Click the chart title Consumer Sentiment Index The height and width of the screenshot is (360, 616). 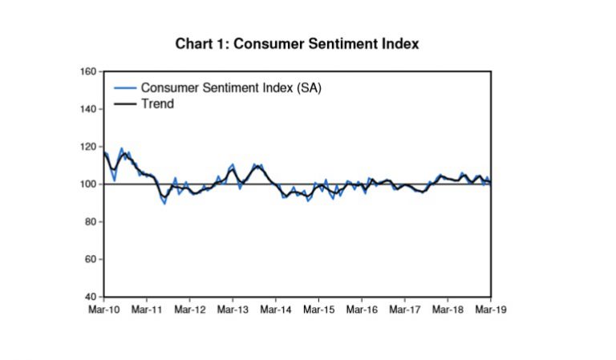coord(297,44)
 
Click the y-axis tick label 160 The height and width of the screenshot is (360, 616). coord(88,72)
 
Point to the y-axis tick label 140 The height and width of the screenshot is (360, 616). coord(88,110)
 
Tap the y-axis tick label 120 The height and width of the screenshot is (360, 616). coord(88,148)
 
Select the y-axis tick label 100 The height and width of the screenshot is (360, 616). coord(88,184)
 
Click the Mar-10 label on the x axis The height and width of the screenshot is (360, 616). coord(103,309)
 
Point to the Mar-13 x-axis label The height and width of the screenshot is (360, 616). coord(233,309)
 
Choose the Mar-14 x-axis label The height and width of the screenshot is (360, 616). coord(276,309)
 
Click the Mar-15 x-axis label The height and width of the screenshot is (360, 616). coord(319,309)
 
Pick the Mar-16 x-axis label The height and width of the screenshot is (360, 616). coord(362,309)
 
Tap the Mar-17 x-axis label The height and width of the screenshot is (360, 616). coord(405,309)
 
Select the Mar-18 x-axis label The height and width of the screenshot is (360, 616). coord(448,309)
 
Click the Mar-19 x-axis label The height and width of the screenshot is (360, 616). coord(491,309)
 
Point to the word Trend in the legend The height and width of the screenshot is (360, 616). coord(157,103)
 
